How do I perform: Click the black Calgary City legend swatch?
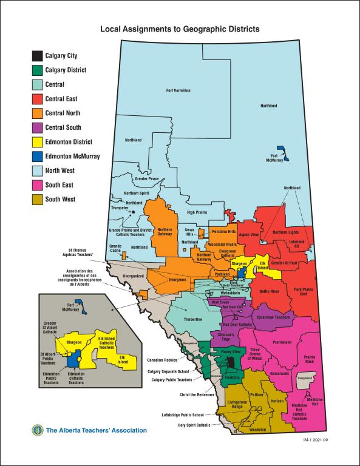click(x=38, y=56)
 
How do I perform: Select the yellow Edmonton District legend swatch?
click(x=38, y=142)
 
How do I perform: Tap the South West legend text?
click(x=60, y=199)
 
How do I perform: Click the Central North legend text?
click(x=63, y=113)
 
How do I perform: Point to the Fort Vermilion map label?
click(x=178, y=90)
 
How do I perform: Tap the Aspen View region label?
click(x=249, y=234)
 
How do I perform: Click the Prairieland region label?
click(x=282, y=342)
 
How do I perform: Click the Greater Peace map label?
click(x=147, y=179)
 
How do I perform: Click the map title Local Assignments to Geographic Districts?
click(x=180, y=29)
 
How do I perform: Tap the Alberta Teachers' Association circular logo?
click(x=38, y=430)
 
